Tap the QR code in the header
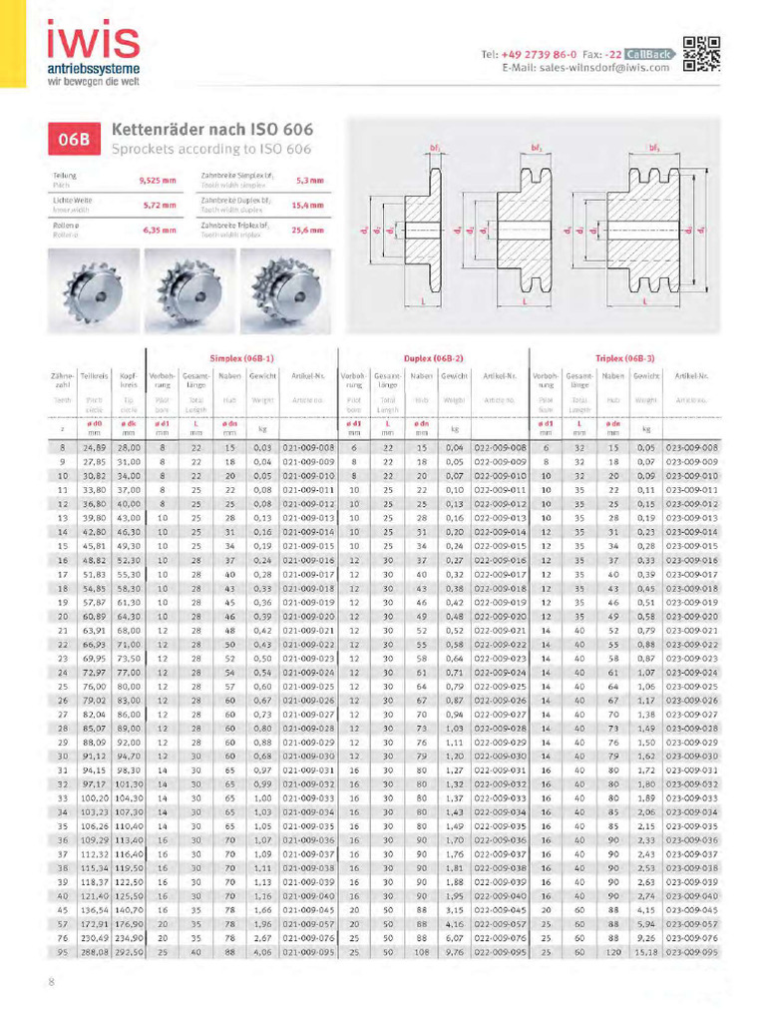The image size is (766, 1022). (x=702, y=55)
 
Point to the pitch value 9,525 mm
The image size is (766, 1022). (x=157, y=181)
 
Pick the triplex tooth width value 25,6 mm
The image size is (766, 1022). (x=310, y=231)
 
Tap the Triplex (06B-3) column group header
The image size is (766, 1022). (x=624, y=356)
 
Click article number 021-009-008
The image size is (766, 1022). (x=308, y=448)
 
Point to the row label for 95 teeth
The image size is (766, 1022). (x=62, y=952)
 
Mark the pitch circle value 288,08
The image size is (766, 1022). (x=94, y=952)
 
